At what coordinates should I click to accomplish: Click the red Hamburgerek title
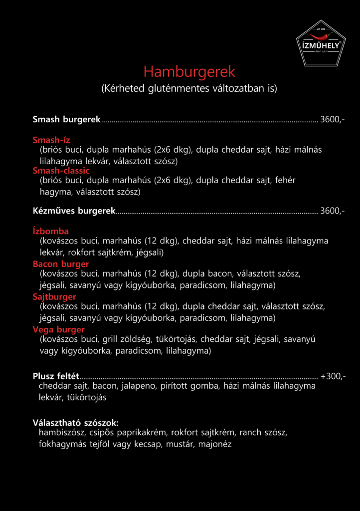point(189,72)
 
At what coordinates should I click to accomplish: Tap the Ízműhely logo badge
point(321,44)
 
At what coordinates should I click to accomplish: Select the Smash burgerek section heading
point(67,120)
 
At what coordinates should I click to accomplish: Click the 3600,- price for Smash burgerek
point(332,120)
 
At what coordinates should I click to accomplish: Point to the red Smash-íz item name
point(52,140)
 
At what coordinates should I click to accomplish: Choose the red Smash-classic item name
point(61,171)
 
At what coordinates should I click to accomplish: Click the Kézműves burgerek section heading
point(74,211)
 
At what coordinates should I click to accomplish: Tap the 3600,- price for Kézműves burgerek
point(332,211)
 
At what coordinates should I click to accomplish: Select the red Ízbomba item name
point(51,231)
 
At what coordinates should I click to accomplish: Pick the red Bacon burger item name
point(61,264)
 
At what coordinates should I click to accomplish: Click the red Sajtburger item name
point(54,297)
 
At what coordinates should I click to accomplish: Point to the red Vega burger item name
point(59,329)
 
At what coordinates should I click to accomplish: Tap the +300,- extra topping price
point(333,376)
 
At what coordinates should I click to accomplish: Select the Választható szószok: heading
point(75,423)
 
